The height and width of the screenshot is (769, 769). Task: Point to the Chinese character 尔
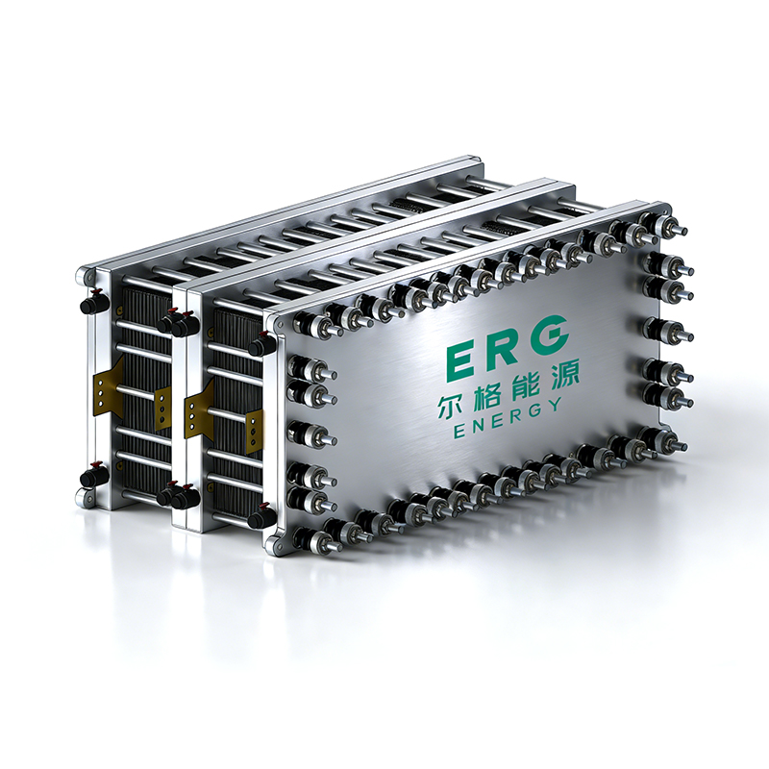451,406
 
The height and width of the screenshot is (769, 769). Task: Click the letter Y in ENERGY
555,405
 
